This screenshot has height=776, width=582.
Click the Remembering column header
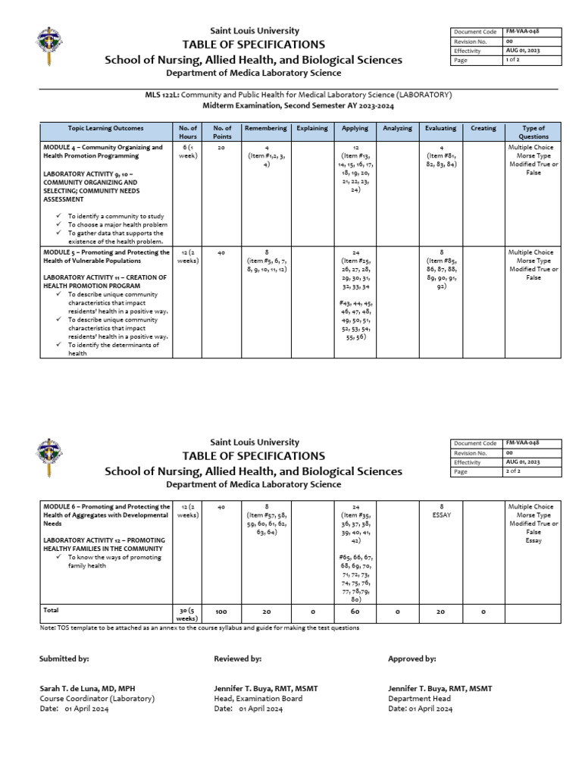pos(264,128)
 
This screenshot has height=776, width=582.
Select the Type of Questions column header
pos(533,133)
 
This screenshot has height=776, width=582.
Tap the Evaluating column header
pos(440,128)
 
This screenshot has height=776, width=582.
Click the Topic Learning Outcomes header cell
pos(105,128)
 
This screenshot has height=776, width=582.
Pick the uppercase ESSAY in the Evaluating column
pos(440,515)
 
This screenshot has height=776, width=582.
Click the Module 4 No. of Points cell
pos(222,148)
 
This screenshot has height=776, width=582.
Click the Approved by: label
pos(411,659)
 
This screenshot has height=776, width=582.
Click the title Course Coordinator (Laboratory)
pos(97,698)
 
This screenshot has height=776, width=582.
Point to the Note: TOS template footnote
pos(199,627)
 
